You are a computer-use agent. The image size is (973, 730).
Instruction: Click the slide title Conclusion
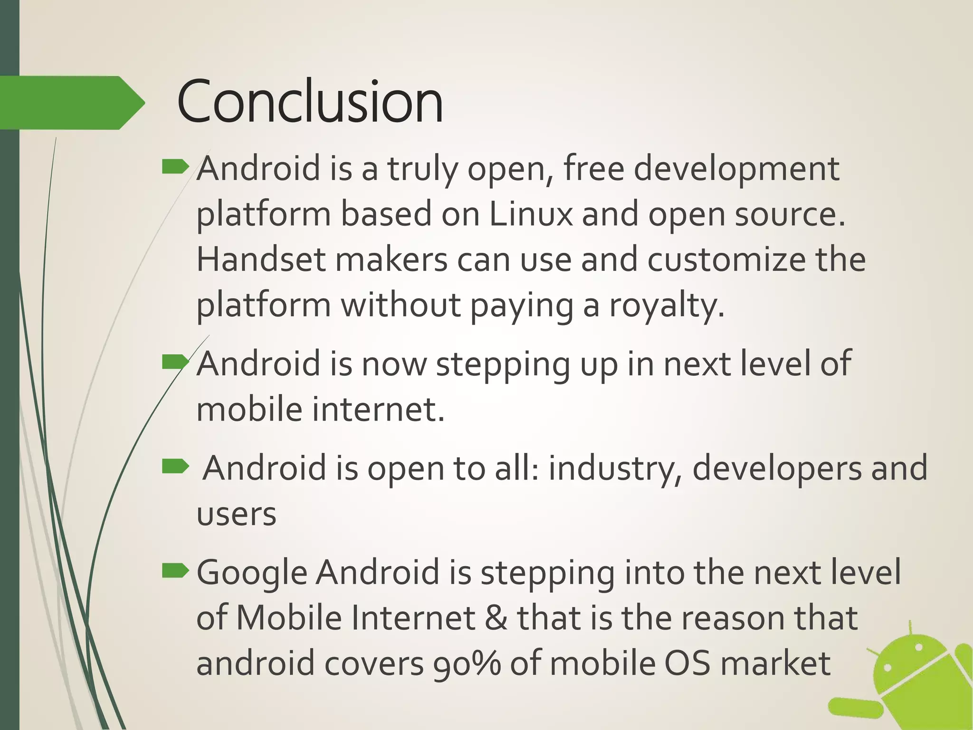(310, 102)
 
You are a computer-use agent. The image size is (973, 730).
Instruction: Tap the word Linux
(531, 214)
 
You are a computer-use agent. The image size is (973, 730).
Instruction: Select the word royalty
(667, 306)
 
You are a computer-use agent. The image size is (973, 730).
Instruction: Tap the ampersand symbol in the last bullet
(496, 618)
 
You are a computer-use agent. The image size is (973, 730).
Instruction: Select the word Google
(252, 573)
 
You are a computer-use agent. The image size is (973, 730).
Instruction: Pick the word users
(236, 514)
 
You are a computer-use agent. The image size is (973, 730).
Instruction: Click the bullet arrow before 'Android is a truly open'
(175, 167)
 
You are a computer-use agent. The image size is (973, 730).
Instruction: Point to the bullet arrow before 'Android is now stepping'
(175, 363)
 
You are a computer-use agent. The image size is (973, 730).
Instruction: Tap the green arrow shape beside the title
(71, 103)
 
